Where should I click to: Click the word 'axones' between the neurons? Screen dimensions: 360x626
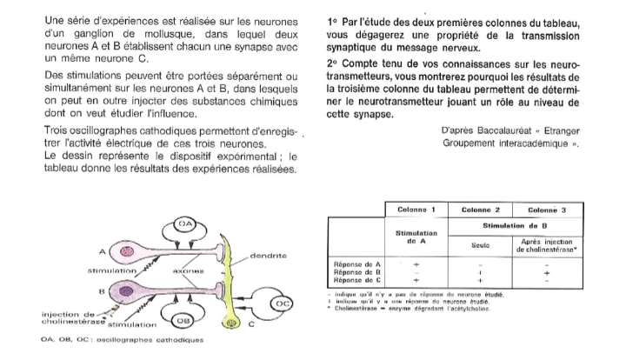pos(189,271)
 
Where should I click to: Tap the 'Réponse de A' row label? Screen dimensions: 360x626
pos(358,263)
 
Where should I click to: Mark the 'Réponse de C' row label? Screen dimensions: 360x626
pos(358,280)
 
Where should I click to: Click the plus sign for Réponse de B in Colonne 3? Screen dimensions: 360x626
pos(545,271)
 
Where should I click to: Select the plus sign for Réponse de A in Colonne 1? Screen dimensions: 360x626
pos(416,263)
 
